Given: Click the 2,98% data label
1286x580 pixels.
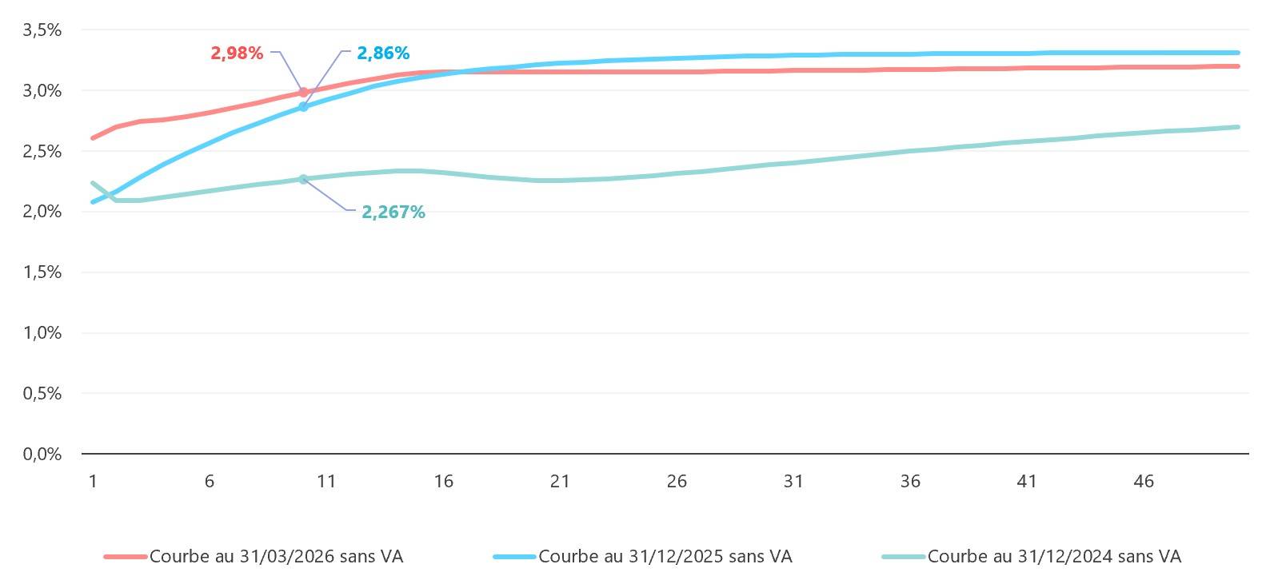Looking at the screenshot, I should click(237, 54).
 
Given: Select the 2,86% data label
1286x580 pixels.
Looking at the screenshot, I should click(383, 54).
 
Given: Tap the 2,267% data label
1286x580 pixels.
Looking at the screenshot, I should click(393, 213).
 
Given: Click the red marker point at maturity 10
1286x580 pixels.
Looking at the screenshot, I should click(303, 93).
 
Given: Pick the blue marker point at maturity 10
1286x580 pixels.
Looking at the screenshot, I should click(303, 106).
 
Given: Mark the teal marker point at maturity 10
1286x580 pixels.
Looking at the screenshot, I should click(303, 179).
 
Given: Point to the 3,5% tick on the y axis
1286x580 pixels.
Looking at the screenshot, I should click(42, 30).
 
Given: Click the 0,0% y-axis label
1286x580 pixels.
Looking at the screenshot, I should click(42, 454).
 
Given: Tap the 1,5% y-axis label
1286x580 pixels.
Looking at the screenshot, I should click(42, 272).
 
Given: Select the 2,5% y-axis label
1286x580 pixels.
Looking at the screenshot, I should click(42, 151).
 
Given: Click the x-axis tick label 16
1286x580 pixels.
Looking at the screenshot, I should click(443, 481).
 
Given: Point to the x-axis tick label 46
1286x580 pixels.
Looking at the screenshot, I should click(1144, 481).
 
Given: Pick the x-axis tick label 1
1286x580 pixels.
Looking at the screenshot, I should click(93, 481).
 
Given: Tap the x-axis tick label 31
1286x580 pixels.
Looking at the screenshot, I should click(793, 481).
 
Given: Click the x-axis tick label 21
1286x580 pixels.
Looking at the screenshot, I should click(560, 481).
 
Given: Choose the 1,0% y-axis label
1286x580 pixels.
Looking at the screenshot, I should click(42, 333).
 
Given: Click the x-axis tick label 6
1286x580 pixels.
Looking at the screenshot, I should click(210, 481).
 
